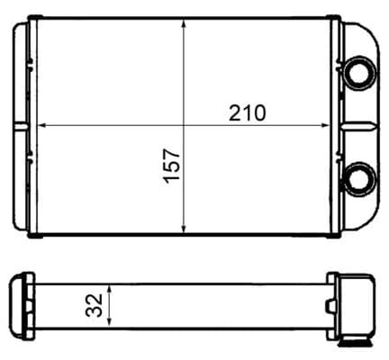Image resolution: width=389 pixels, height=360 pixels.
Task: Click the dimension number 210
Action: coord(248,112)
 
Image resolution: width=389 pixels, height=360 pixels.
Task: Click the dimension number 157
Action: coord(172,165)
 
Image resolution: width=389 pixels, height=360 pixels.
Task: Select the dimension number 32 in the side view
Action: coord(94,305)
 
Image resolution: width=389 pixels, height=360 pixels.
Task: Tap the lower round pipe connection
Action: coord(360,179)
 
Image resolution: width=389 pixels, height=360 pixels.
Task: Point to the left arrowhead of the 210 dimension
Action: coord(41,125)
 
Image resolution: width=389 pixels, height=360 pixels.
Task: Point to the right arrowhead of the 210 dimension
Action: coord(326,125)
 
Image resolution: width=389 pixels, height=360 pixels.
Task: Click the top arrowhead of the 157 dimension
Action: coord(184,23)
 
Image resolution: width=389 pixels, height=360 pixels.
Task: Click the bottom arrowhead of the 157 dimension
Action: coord(184,229)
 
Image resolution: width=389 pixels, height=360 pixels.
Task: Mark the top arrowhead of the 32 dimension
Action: coord(110,289)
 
